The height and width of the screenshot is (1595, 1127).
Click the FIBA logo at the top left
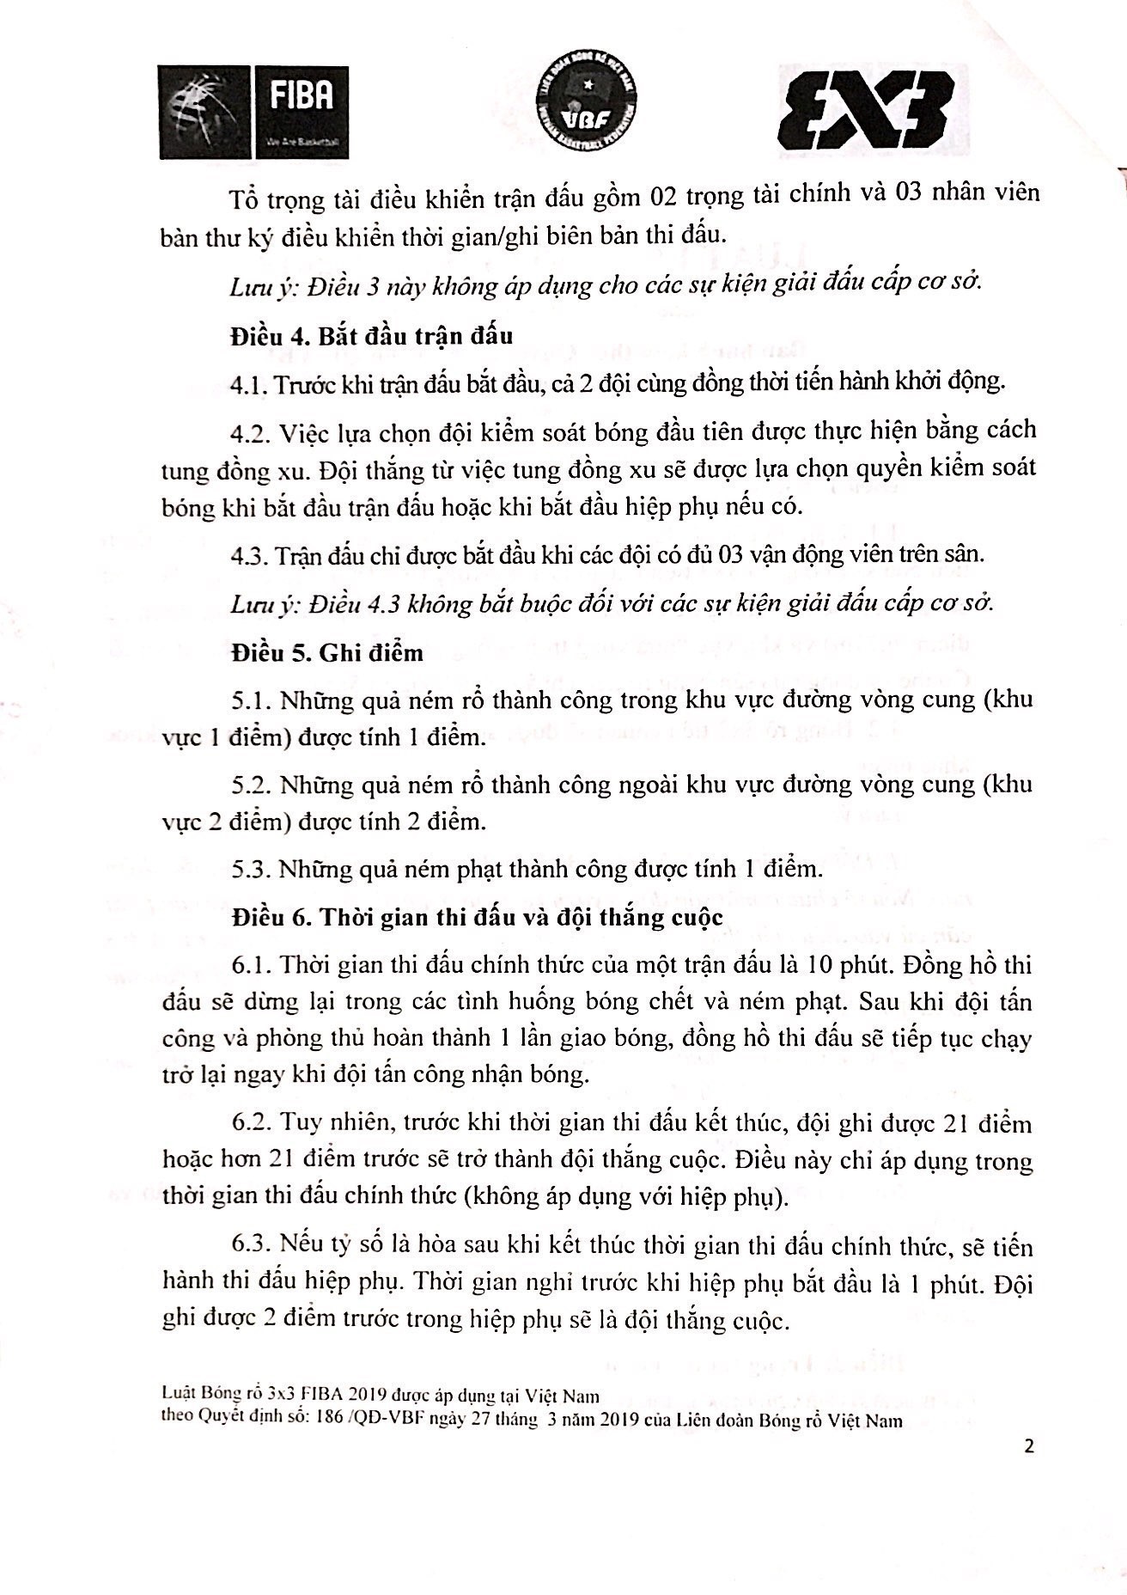click(x=253, y=112)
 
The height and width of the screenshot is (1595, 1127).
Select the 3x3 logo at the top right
click(x=865, y=110)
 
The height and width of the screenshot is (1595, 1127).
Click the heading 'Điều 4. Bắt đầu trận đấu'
click(x=371, y=334)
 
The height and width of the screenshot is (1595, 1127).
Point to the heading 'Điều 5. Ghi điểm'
click(x=326, y=652)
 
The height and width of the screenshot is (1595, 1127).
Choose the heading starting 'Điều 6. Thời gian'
click(x=477, y=917)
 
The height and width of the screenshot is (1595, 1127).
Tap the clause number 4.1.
click(x=249, y=383)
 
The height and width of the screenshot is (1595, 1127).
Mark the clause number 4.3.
click(x=249, y=554)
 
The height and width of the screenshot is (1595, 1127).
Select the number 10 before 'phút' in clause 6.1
click(x=813, y=965)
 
